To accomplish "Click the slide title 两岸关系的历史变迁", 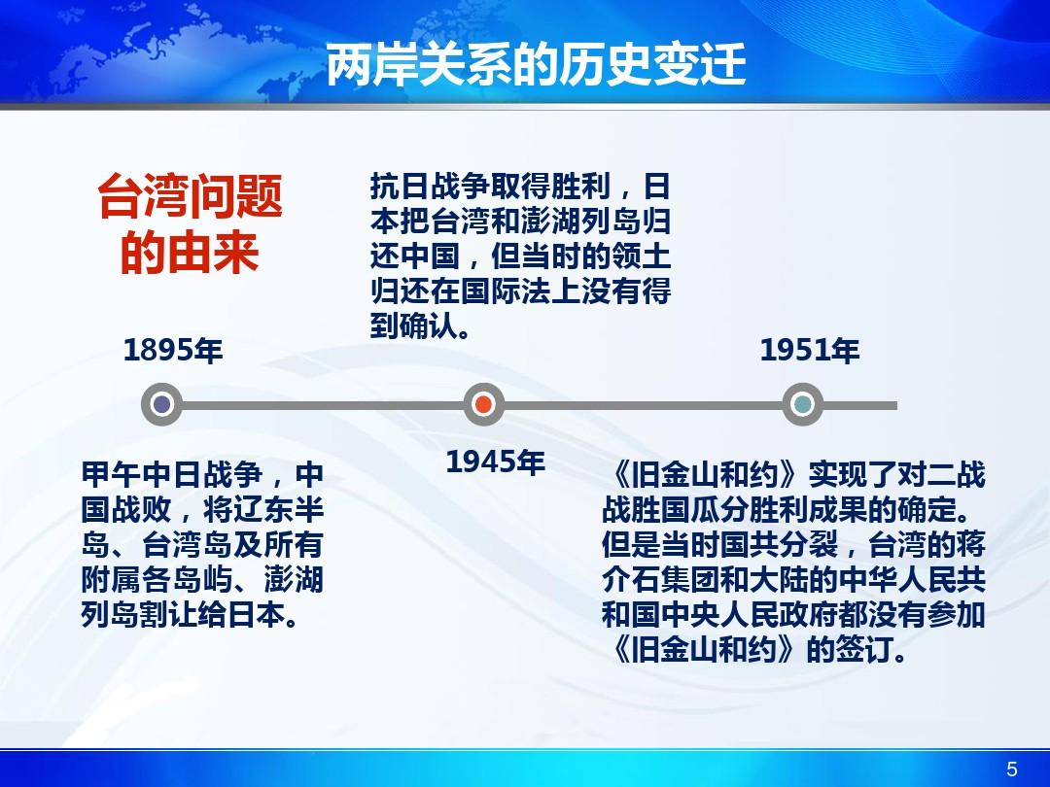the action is (536, 65).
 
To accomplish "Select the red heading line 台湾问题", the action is (191, 196).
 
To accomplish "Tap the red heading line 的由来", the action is (190, 253).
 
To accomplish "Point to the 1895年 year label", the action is (173, 350).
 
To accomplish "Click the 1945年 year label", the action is (496, 462).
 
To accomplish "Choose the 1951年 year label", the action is (810, 351).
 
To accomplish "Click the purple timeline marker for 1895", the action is (161, 404).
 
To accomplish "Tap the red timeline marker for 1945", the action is (483, 404).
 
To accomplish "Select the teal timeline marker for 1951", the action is (802, 404).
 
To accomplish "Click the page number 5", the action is (1012, 769).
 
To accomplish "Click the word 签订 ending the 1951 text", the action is (864, 649).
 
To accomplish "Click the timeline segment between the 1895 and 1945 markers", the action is (322, 405).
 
